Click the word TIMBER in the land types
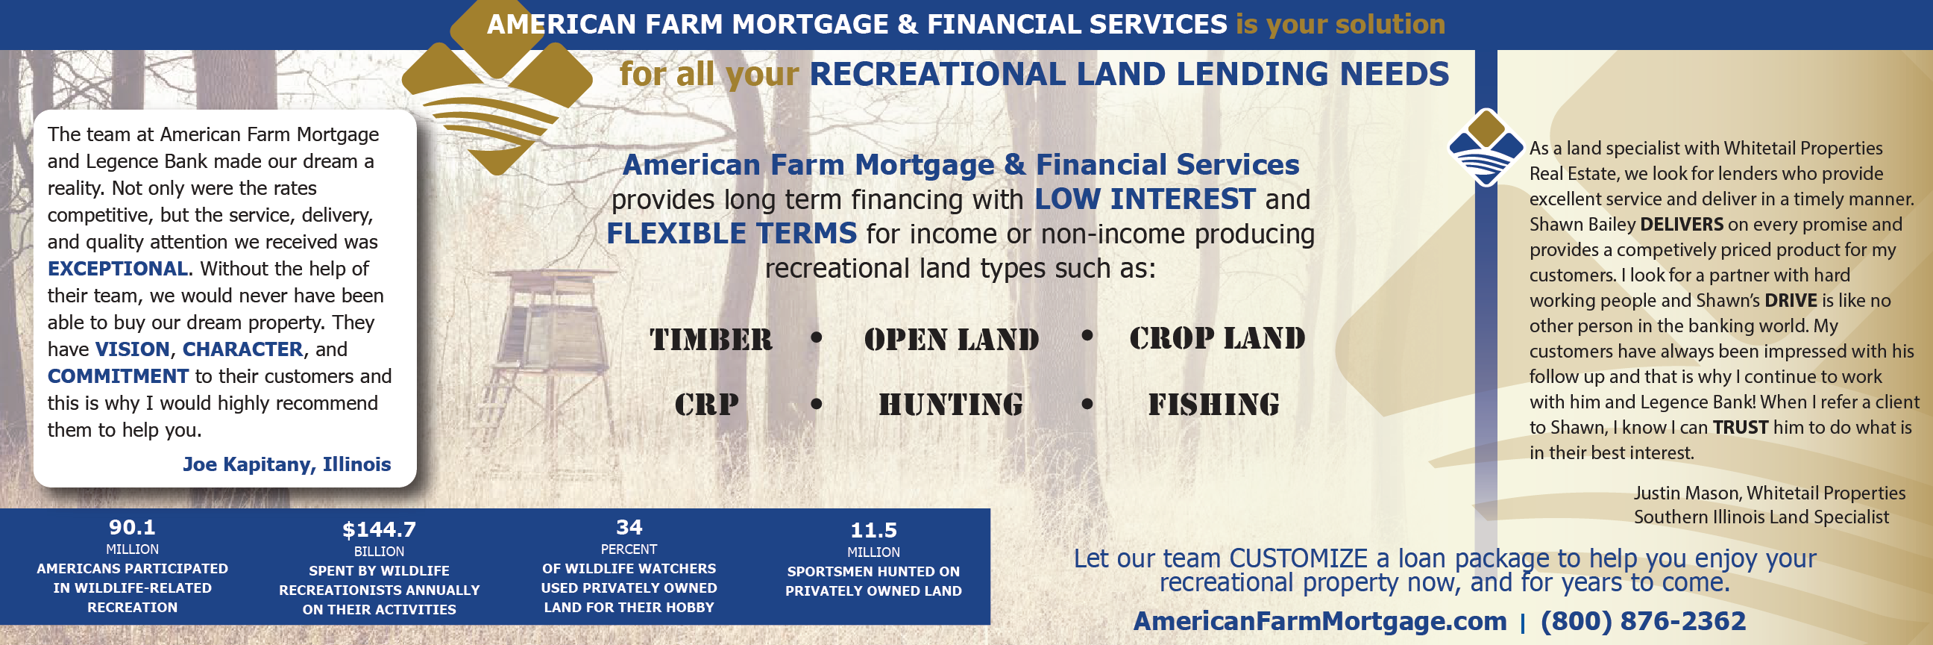[711, 340]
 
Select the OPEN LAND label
[952, 340]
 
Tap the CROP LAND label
[1217, 339]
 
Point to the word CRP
[706, 405]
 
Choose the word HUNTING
[951, 405]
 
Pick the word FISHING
[1213, 405]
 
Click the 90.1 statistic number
[132, 527]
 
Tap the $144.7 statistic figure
[379, 529]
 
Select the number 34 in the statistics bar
[629, 527]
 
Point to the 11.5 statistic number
[873, 530]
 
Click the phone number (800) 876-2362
[1644, 621]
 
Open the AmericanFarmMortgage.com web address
[1320, 621]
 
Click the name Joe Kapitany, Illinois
[286, 464]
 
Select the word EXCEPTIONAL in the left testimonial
[118, 269]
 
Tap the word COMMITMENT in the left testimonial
[118, 376]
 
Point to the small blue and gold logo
[1486, 147]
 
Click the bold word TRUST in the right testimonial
[1740, 427]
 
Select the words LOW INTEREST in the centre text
[1144, 199]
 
